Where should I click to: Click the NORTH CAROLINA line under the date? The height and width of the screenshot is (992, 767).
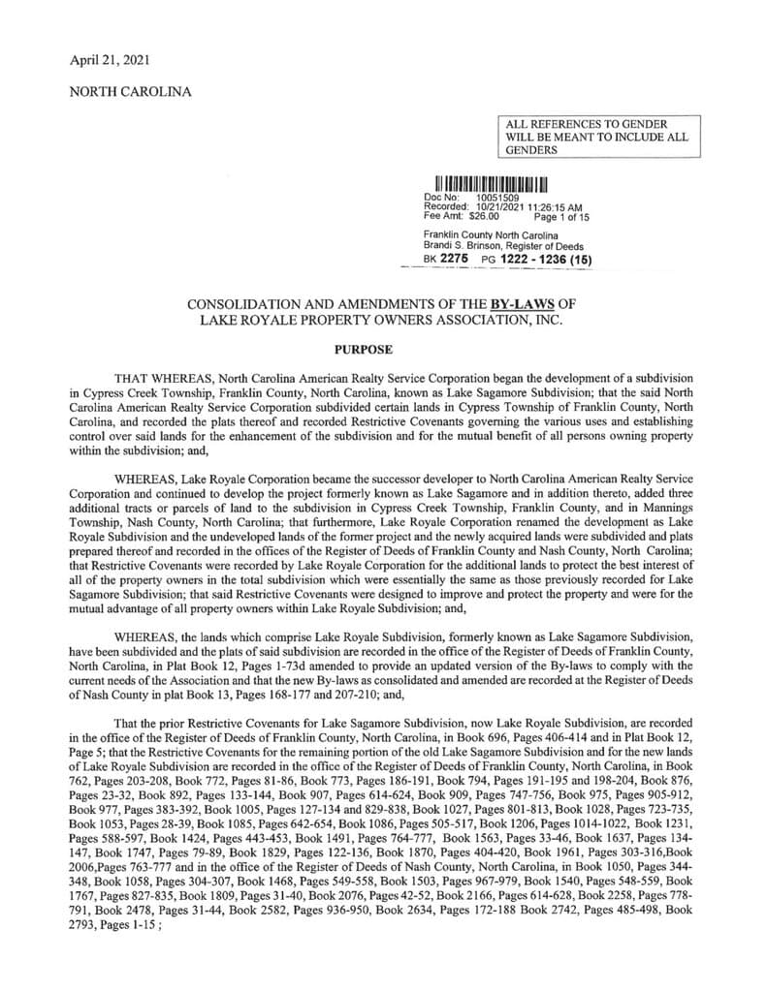tap(130, 92)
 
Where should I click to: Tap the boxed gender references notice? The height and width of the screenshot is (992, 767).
tap(596, 138)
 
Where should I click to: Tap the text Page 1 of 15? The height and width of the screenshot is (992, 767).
tap(561, 217)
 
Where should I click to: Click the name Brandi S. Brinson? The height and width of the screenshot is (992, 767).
tap(460, 245)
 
